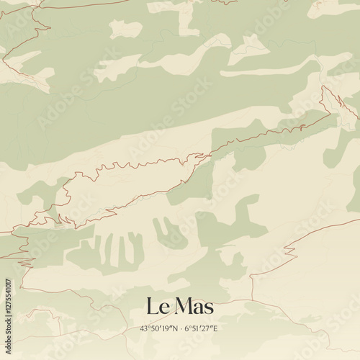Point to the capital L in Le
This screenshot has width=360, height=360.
[152, 306]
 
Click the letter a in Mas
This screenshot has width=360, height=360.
[197, 307]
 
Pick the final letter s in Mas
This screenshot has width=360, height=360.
[208, 307]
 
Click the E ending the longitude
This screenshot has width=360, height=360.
[215, 328]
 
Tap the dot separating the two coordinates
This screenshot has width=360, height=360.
[181, 328]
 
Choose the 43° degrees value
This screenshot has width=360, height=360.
[145, 328]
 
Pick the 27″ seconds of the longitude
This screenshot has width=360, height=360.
[208, 328]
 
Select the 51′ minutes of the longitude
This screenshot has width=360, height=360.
[197, 328]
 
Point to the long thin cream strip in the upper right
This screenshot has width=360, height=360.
[266, 71]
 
